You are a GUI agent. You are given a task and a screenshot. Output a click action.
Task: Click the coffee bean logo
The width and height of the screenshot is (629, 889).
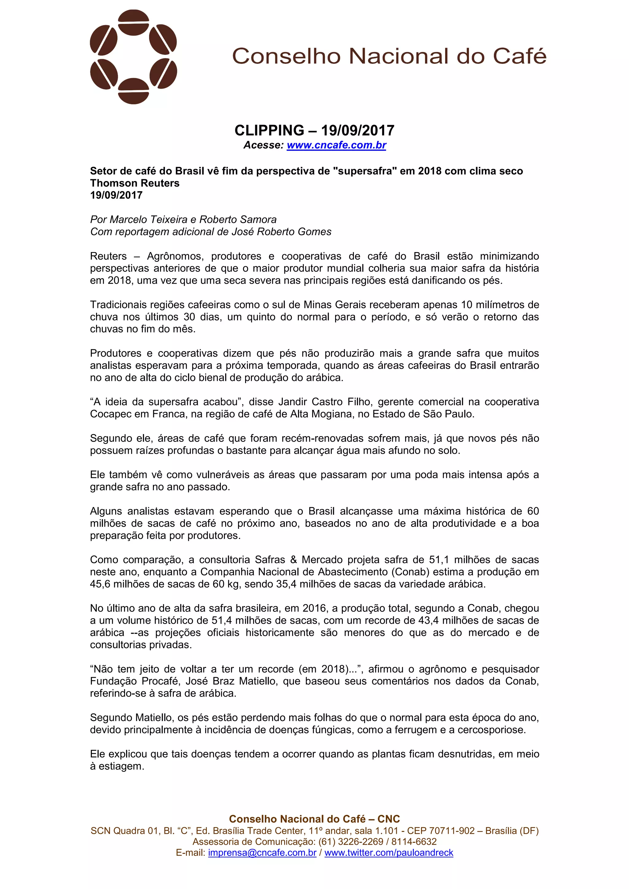click(x=133, y=57)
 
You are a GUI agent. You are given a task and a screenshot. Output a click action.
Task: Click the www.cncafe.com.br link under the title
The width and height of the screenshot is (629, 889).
click(x=336, y=145)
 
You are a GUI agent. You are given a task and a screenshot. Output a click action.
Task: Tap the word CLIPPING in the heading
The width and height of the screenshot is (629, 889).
click(x=269, y=130)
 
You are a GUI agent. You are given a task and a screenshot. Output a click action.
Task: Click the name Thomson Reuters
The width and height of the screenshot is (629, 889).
click(x=135, y=183)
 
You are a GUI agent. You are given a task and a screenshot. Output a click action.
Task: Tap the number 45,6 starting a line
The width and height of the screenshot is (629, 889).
click(x=100, y=584)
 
